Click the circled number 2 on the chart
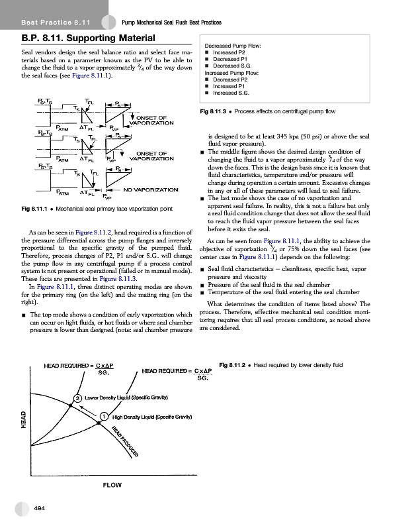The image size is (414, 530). (77, 397)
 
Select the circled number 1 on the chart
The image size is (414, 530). (104, 417)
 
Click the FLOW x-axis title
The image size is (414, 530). (111, 485)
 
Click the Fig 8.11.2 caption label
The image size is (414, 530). (241, 364)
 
